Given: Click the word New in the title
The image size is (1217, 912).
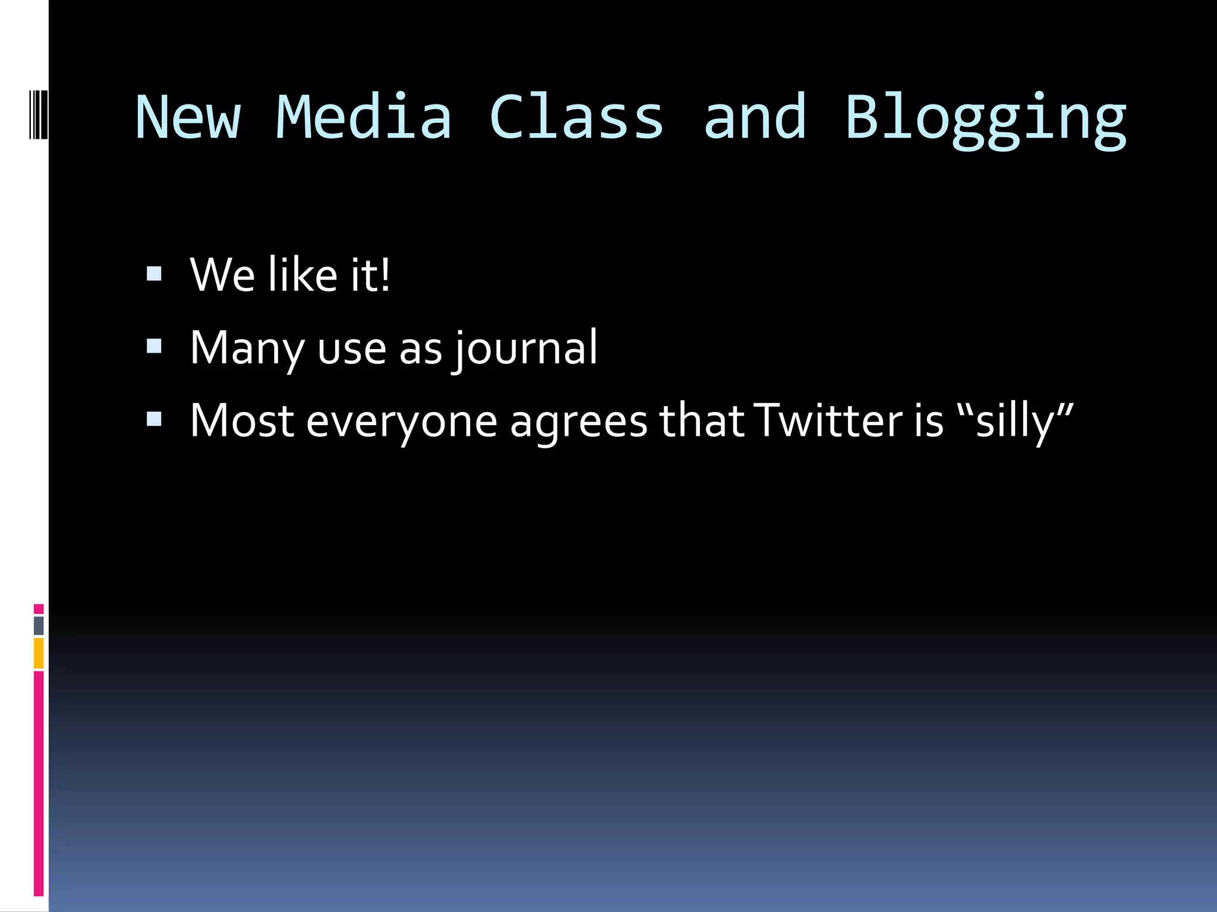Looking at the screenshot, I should (188, 118).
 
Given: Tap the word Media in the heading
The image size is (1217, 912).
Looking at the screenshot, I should (364, 118).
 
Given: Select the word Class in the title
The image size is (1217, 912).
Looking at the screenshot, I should (576, 118).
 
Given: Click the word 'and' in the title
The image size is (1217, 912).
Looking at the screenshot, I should (755, 118).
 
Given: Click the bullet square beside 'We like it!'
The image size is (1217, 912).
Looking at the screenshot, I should (154, 273).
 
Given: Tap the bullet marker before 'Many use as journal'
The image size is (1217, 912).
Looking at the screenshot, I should (154, 346).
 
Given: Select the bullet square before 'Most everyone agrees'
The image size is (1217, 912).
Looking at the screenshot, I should (154, 419).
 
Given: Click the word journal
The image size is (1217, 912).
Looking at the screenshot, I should (526, 349).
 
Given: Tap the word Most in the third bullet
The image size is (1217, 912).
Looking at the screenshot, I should (242, 420).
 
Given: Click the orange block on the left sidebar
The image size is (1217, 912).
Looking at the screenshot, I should (39, 653).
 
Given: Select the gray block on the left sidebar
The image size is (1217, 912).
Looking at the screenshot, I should (39, 625).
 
